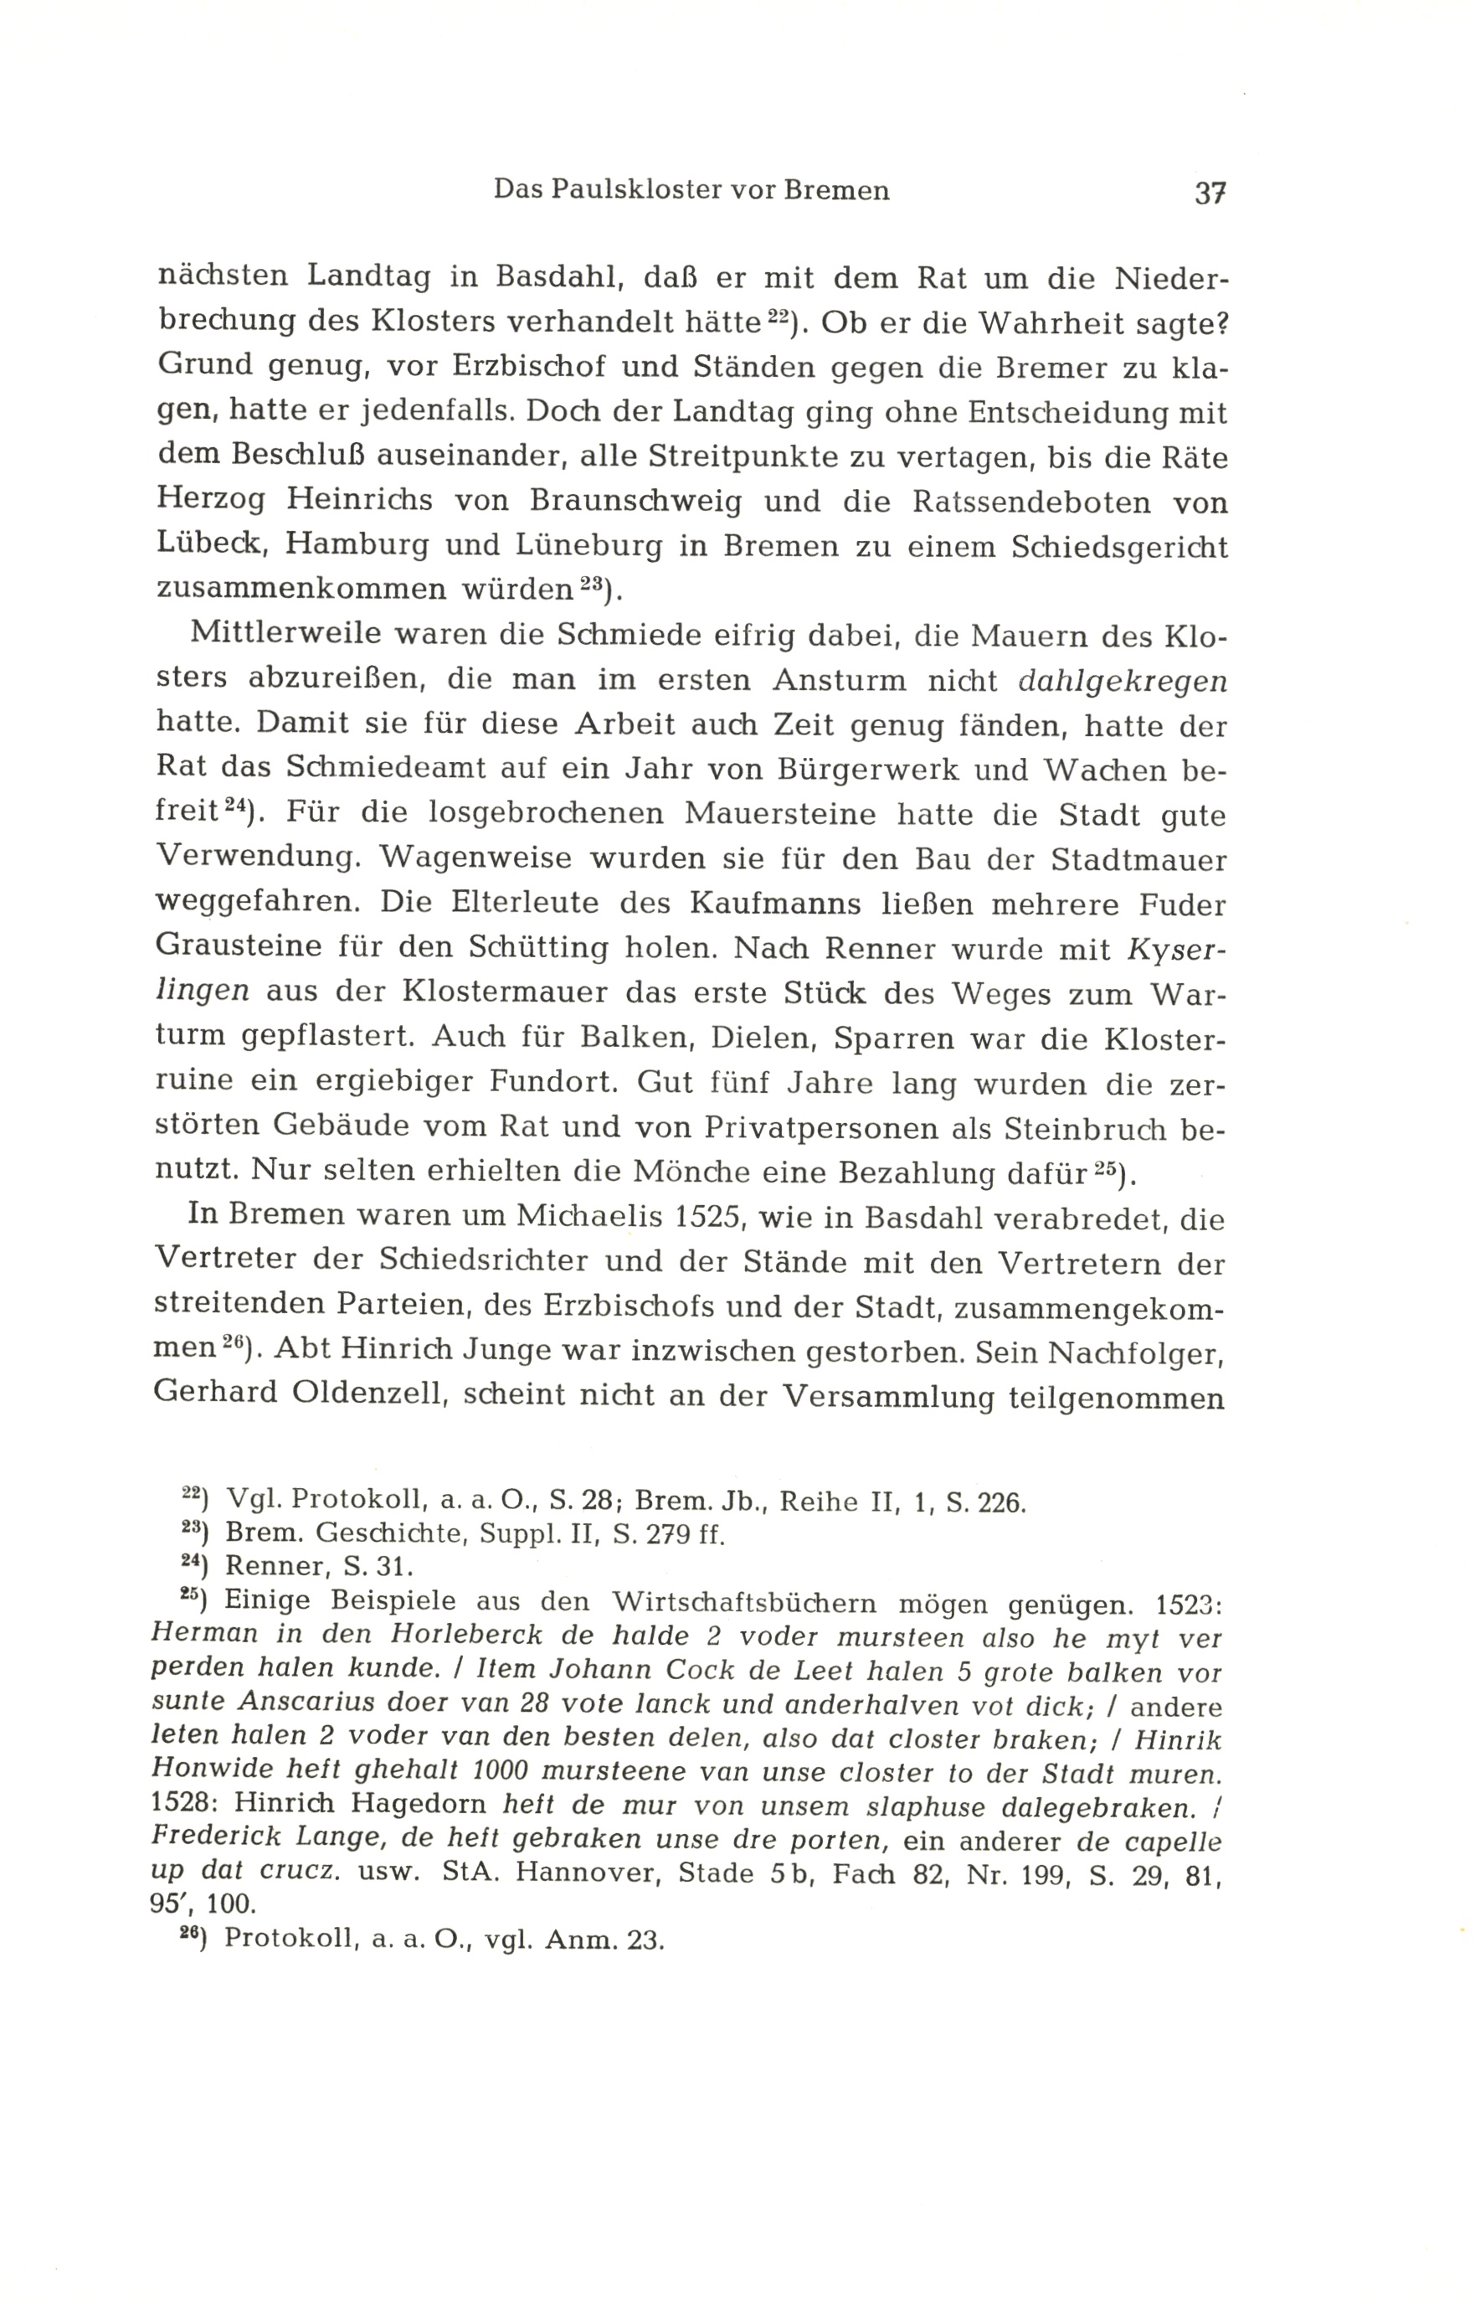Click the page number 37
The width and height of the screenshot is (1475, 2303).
pyautogui.click(x=1210, y=193)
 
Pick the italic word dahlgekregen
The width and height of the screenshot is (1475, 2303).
pyautogui.click(x=1123, y=680)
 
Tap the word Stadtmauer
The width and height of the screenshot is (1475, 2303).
pyautogui.click(x=1138, y=858)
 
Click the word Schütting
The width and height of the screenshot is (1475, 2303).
pyautogui.click(x=538, y=947)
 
